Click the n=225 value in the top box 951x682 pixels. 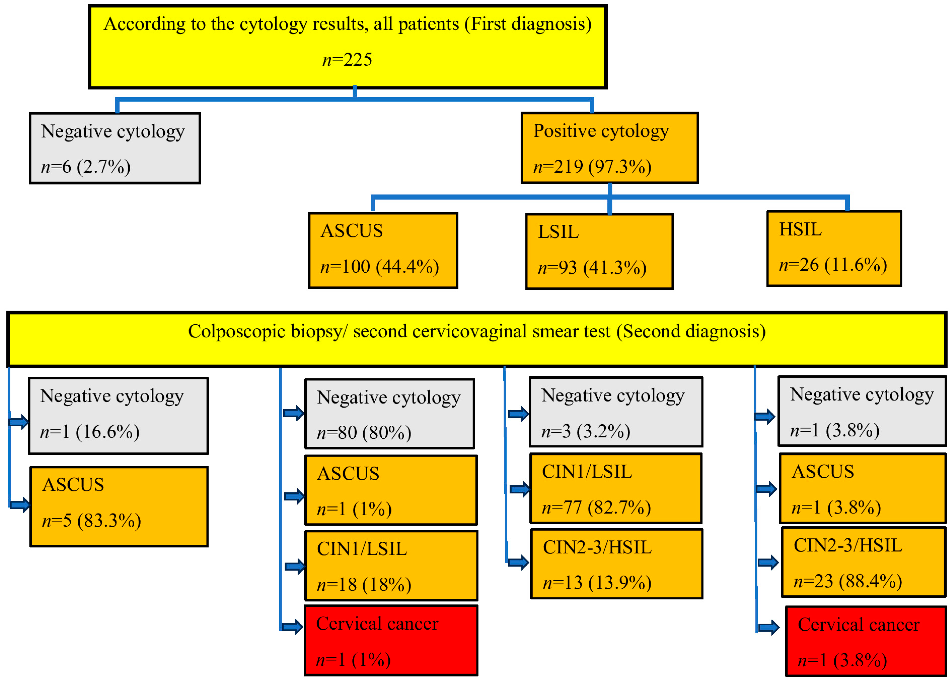[347, 60]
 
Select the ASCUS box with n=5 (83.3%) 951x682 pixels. [119, 507]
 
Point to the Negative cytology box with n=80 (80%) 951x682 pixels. [390, 414]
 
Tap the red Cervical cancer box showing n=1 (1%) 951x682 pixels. [391, 640]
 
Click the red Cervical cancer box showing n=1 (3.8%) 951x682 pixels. [865, 641]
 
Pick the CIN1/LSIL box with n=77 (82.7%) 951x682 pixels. [616, 489]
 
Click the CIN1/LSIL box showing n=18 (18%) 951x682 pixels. [391, 565]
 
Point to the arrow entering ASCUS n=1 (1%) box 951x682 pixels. [294, 497]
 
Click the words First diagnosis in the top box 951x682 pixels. [528, 24]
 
